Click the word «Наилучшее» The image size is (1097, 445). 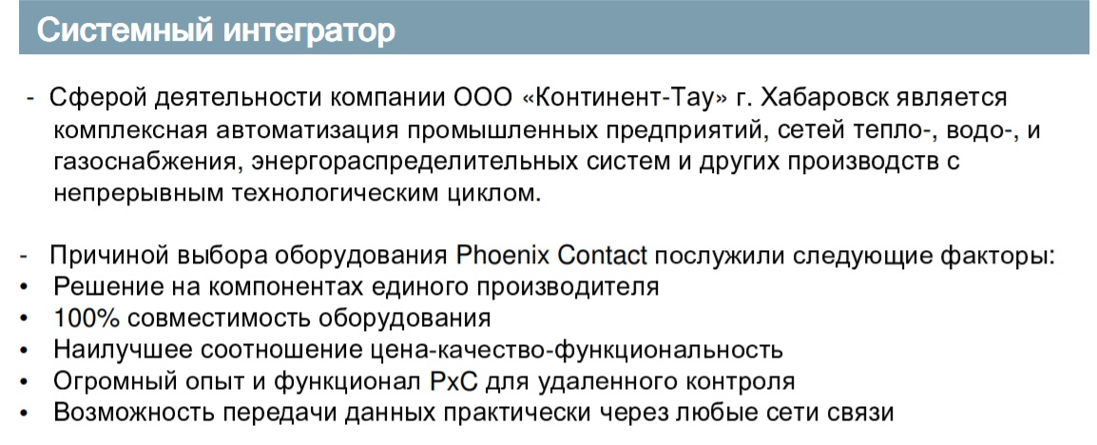click(x=115, y=351)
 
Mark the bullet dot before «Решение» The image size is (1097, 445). click(x=25, y=288)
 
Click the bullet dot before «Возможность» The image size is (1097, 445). click(x=25, y=415)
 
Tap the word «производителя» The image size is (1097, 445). click(x=573, y=288)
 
